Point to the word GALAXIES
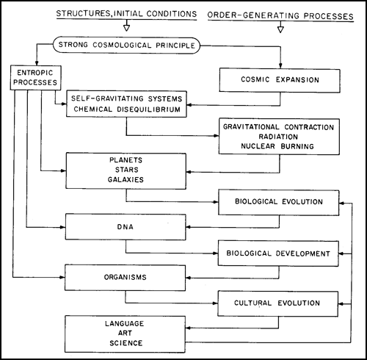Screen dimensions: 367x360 [126, 180]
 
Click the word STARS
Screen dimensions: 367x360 [127, 170]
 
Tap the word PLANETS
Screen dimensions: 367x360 [126, 160]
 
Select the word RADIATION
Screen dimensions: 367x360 [278, 137]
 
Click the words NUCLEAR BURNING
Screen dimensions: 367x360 [277, 146]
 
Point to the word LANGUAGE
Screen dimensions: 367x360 [125, 323]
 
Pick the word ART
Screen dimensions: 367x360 [125, 334]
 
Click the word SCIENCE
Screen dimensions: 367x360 [126, 343]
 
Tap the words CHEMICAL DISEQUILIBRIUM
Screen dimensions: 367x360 [127, 109]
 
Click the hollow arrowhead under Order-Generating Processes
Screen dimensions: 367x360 [280, 29]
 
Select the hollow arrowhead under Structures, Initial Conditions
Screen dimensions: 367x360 [126, 28]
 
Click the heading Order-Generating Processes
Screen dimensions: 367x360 [280, 15]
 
